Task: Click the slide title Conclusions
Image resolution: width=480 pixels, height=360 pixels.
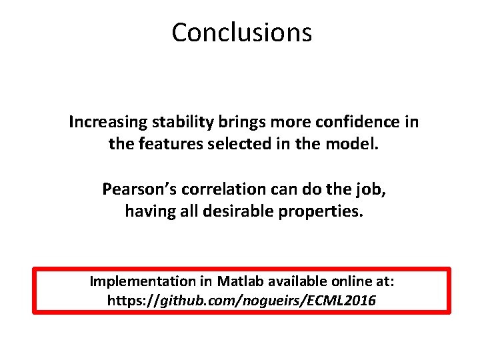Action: click(x=241, y=32)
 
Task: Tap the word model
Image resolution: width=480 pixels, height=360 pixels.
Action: click(x=353, y=144)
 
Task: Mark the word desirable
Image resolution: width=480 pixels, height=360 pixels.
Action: click(x=234, y=211)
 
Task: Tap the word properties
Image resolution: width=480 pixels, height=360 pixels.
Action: click(x=320, y=211)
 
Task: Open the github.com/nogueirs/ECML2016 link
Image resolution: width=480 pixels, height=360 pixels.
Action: click(x=241, y=301)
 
